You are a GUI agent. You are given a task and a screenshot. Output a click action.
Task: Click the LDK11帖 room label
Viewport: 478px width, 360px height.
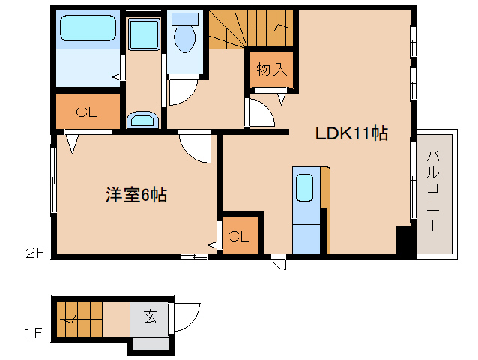(x=351, y=133)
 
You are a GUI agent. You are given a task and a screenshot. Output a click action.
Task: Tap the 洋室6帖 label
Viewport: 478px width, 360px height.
(x=136, y=196)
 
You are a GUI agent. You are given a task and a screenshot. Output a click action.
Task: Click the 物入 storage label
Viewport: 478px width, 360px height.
(x=271, y=70)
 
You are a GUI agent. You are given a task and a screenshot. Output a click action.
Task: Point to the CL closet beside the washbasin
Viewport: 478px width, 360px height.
(x=87, y=112)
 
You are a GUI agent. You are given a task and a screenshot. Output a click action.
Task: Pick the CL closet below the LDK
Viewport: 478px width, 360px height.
(x=239, y=237)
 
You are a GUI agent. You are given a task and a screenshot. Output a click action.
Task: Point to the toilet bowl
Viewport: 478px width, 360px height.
(x=184, y=34)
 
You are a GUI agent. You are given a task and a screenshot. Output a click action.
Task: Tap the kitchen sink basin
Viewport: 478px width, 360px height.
(x=304, y=187)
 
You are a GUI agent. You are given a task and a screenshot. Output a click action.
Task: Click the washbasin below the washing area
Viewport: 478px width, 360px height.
(x=142, y=120)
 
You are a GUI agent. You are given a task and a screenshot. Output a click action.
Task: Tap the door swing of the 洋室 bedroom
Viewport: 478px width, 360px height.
(x=196, y=147)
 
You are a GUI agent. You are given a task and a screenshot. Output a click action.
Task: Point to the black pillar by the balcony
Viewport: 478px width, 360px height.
(x=405, y=241)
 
